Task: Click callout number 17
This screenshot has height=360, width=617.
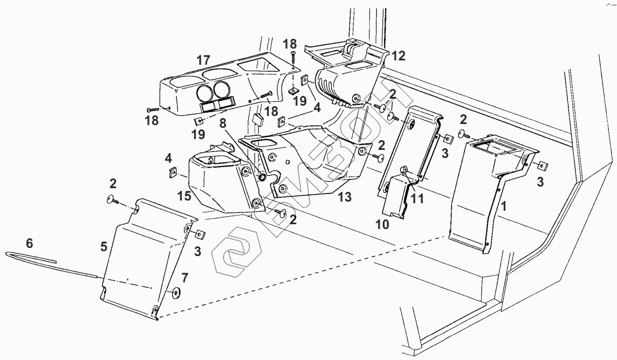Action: [x=203, y=60]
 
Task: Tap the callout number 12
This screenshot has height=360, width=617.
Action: [x=398, y=56]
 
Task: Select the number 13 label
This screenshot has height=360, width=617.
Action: [x=345, y=197]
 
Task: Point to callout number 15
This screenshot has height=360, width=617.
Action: [x=184, y=196]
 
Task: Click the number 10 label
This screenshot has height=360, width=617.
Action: [x=382, y=224]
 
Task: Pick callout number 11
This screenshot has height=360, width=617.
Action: [x=417, y=198]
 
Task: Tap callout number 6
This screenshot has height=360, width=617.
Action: [x=30, y=243]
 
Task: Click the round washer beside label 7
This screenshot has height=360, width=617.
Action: [x=175, y=292]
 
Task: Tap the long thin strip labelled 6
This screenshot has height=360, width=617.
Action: [x=51, y=265]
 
